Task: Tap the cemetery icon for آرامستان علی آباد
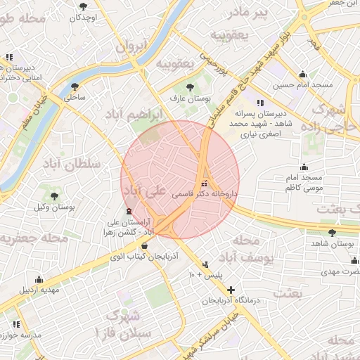(128, 211)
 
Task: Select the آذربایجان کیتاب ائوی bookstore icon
(145, 245)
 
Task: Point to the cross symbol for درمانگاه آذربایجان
(231, 290)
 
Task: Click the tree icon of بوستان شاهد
(332, 233)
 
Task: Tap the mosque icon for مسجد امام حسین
(302, 75)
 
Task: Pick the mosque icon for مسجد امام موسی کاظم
(304, 167)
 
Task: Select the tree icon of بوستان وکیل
(54, 196)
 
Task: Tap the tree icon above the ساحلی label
(75, 86)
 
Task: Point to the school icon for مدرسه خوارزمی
(15, 324)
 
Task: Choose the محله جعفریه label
(34, 238)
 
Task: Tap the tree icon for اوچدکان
(84, 6)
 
